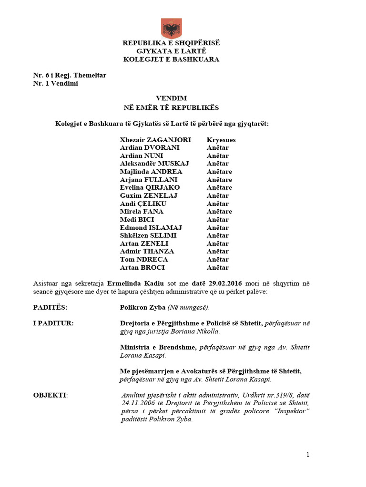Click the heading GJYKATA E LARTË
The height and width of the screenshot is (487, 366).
coord(171,51)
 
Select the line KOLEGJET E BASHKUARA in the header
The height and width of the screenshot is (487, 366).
coord(171,59)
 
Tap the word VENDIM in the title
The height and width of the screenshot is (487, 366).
coord(171,98)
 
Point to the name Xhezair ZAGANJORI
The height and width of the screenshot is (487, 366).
coord(155,140)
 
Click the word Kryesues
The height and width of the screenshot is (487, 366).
coord(221,140)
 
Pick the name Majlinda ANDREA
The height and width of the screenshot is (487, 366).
coord(151,172)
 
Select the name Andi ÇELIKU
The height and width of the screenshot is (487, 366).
coord(143,204)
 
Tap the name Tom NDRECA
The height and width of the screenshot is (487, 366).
coord(144,259)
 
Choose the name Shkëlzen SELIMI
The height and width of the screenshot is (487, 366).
coord(148,235)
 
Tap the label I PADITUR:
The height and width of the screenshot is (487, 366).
coord(53,323)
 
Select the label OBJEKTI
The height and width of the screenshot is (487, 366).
coord(50,395)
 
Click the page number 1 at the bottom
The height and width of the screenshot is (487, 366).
coord(308,455)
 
